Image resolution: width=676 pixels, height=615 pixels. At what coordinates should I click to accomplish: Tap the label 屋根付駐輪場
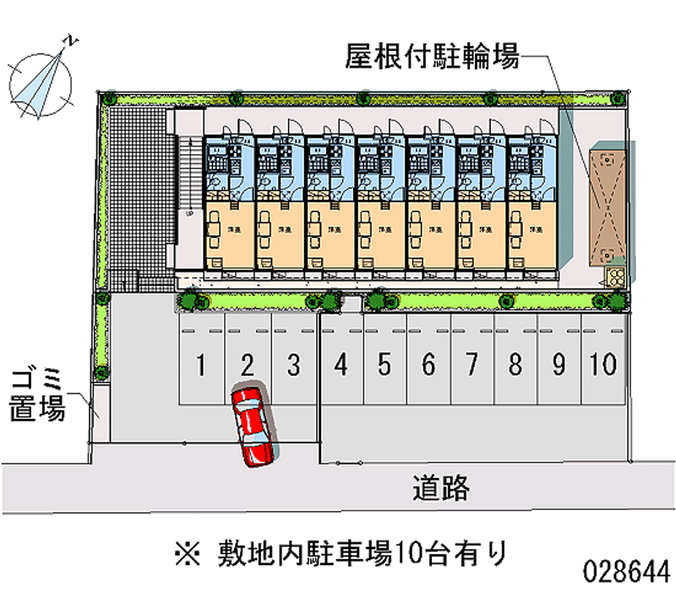click(431, 57)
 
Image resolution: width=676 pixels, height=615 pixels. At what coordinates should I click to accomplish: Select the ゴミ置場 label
click(37, 396)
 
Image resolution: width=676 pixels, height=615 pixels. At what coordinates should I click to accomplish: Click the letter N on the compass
click(73, 40)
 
